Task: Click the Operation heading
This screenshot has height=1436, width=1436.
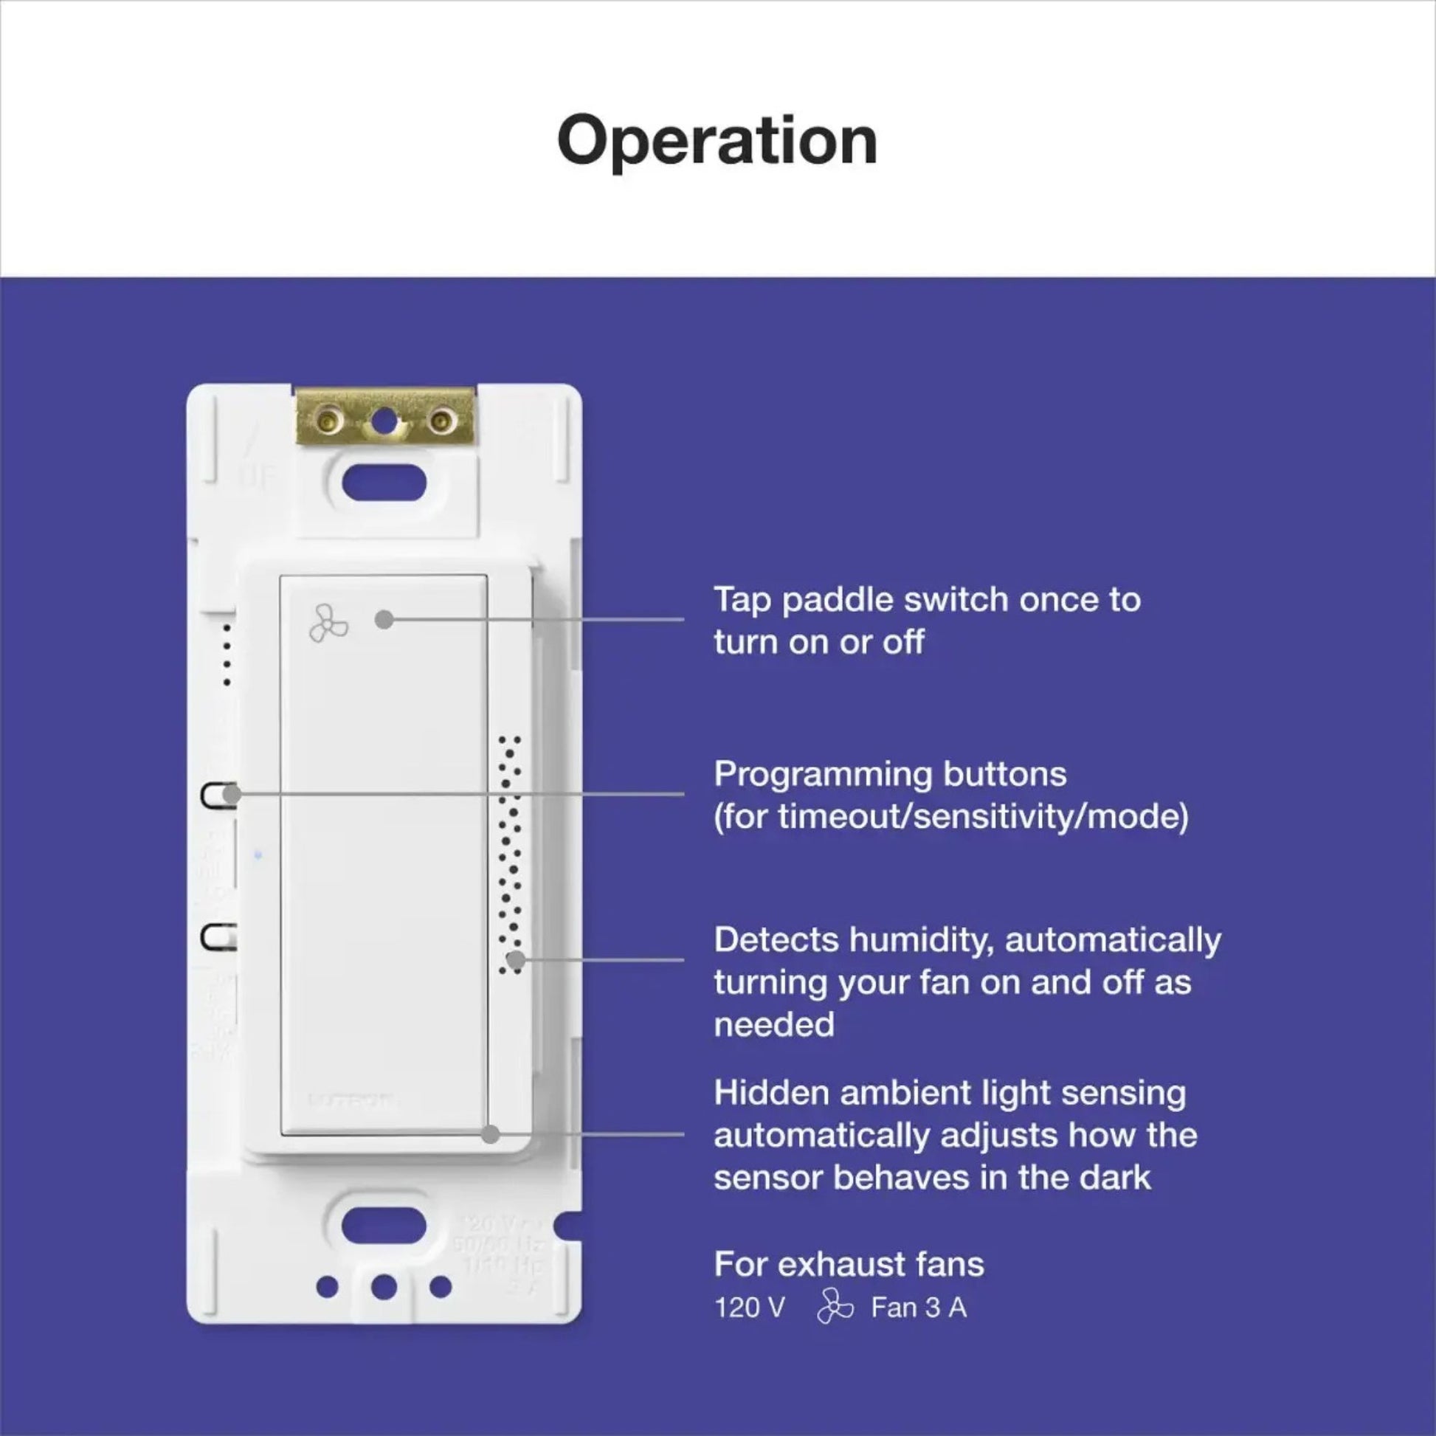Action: pyautogui.click(x=717, y=141)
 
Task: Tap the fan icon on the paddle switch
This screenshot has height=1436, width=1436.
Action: pyautogui.click(x=328, y=623)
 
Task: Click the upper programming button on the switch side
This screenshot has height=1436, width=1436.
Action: pyautogui.click(x=218, y=795)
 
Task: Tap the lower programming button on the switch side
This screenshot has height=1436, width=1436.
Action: pyautogui.click(x=218, y=936)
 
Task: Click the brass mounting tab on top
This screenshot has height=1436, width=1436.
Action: pyautogui.click(x=384, y=418)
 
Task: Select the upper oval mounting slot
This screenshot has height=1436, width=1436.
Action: pyautogui.click(x=384, y=484)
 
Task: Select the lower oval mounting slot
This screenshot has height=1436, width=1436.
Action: pyautogui.click(x=384, y=1225)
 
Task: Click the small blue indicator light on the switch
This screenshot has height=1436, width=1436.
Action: pyautogui.click(x=258, y=855)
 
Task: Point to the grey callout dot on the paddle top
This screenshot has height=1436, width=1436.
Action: pyautogui.click(x=384, y=619)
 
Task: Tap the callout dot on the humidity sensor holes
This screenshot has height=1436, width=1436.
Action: pyautogui.click(x=515, y=959)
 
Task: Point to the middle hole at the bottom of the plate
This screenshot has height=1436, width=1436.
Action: pyautogui.click(x=384, y=1287)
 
